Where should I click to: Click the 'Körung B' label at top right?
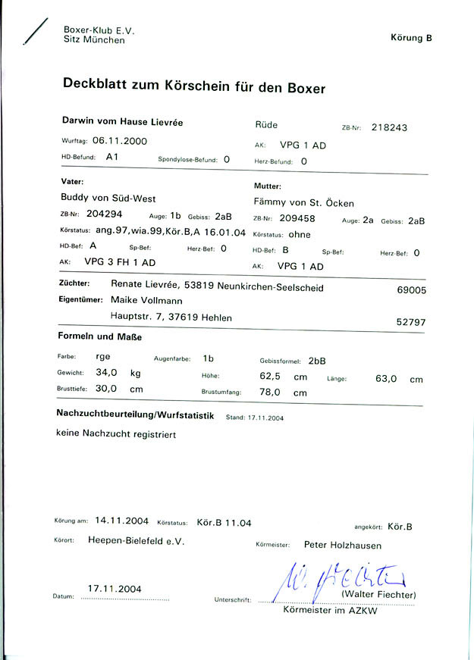(x=411, y=37)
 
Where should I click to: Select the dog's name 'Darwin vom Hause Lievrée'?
(x=121, y=121)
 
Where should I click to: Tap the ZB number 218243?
(x=389, y=127)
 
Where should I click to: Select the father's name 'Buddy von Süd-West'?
(x=108, y=198)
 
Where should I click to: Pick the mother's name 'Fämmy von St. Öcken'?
(x=303, y=202)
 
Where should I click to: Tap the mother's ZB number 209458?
(x=297, y=219)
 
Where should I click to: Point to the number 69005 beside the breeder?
(x=412, y=289)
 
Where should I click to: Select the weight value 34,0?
(x=106, y=372)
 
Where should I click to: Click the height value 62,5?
(x=271, y=376)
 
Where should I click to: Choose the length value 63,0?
(x=386, y=379)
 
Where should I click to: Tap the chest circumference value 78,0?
(x=271, y=392)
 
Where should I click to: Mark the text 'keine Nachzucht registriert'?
(x=116, y=434)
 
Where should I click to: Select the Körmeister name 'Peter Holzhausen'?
(x=342, y=544)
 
